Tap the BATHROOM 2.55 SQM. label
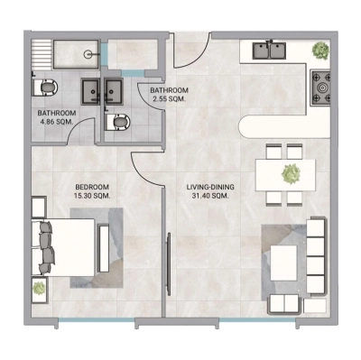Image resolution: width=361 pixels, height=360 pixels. click(169, 97)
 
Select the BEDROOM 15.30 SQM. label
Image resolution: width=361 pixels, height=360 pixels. click(92, 191)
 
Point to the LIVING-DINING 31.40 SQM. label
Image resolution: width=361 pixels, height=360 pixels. click(210, 191)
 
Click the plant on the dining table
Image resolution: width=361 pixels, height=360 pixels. click(290, 172)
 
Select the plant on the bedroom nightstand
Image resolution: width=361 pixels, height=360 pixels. click(39, 289)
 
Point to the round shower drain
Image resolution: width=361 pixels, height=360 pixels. click(88, 54)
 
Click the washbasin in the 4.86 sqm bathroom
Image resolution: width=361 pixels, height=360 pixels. click(93, 90)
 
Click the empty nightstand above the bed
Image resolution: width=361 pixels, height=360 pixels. click(38, 206)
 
